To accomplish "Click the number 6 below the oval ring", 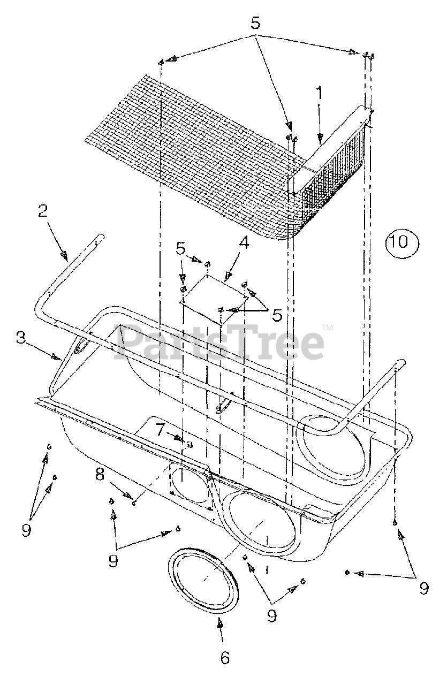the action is (x=224, y=657).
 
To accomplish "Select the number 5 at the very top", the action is (x=255, y=24).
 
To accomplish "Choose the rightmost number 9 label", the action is (x=423, y=588).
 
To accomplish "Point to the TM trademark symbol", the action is (x=327, y=327).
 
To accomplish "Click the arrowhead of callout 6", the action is (x=220, y=623).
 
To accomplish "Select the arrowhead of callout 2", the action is (x=65, y=255).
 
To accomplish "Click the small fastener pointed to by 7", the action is (x=190, y=443).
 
